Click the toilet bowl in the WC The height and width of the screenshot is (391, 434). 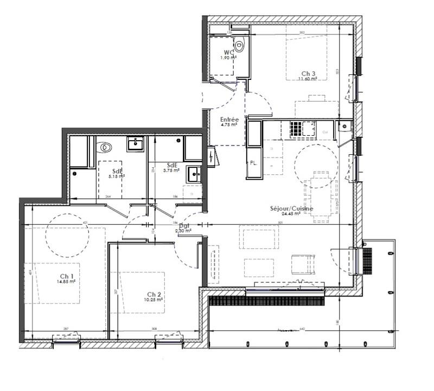[x=240, y=45]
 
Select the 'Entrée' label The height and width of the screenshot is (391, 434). [x=229, y=119]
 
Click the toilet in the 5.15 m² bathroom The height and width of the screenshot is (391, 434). [x=104, y=147]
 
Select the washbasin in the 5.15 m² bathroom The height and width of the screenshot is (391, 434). [x=135, y=144]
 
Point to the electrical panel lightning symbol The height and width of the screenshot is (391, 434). [x=210, y=157]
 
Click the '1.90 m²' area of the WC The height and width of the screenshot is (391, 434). [x=227, y=58]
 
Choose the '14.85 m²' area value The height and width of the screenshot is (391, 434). [x=66, y=282]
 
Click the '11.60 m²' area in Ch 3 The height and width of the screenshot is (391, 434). [x=308, y=79]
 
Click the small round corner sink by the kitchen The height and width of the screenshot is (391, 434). [x=343, y=128]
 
